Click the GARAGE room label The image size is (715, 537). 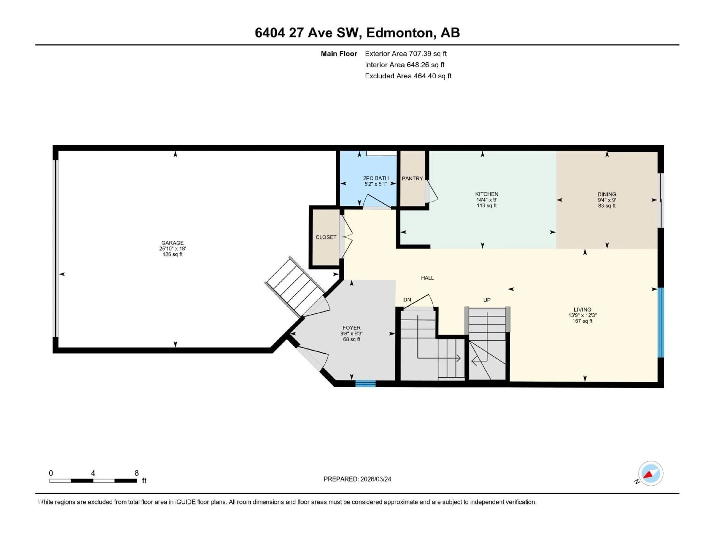[x=172, y=243]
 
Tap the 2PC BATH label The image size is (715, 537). [x=376, y=178]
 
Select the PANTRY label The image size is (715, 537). [x=412, y=178]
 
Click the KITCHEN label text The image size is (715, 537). [x=487, y=194]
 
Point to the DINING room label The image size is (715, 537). [x=607, y=194]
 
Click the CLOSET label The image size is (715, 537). [x=326, y=237]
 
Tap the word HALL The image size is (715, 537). [x=427, y=278]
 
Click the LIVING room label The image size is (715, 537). [x=582, y=310]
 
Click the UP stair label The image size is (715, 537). [x=487, y=300]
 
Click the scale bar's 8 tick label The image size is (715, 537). [x=136, y=473]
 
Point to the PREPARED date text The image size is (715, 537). [x=357, y=479]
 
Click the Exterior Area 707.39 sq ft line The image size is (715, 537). [x=406, y=54]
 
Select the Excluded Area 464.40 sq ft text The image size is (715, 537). [x=408, y=76]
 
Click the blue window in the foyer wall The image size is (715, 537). [x=366, y=384]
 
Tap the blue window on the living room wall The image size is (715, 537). [x=661, y=323]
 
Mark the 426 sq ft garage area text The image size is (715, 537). [x=172, y=254]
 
